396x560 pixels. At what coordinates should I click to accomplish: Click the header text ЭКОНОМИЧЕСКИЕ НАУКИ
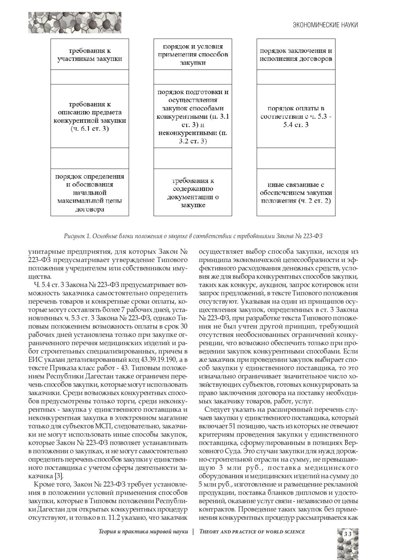coord(325,25)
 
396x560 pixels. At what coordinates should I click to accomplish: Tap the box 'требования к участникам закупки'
coord(89,55)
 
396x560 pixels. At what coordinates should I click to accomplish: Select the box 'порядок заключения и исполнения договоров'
coord(296,55)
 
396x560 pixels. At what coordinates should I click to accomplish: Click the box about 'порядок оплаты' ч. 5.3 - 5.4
coord(296,116)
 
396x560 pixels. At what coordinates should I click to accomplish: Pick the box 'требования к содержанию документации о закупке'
coord(193,193)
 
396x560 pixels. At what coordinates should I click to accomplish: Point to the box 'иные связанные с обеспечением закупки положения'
coord(296,193)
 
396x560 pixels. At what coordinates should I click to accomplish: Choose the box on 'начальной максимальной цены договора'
coord(89,193)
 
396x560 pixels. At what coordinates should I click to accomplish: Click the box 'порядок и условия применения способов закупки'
coord(193,55)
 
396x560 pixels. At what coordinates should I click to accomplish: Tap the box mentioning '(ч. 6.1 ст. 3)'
coord(89,116)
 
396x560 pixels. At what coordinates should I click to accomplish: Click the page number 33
coord(348,534)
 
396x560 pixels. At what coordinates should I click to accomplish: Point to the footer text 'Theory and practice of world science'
coord(252,532)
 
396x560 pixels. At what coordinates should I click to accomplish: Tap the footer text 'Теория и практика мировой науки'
coord(143,532)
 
